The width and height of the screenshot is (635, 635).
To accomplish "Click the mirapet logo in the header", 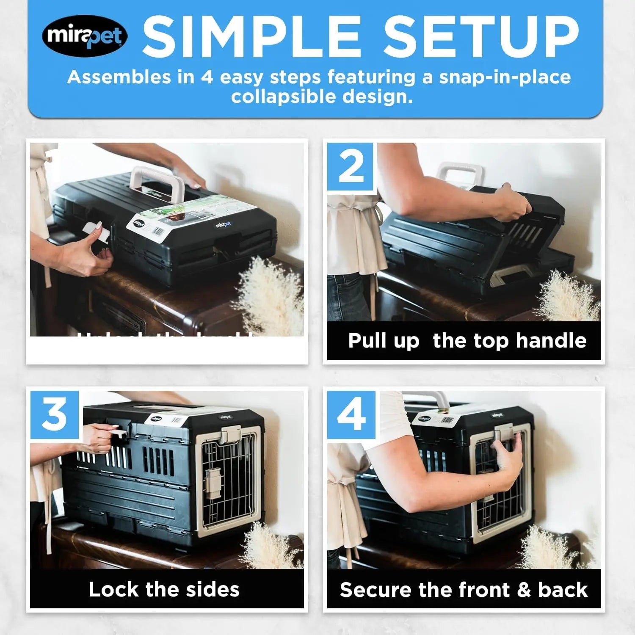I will click(85, 36).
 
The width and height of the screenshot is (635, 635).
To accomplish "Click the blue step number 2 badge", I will click(351, 167).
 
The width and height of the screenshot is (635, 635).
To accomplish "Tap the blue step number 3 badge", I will click(55, 414).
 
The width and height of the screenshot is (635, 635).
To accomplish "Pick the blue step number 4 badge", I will click(351, 414).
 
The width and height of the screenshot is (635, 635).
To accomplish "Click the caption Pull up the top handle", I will click(467, 341).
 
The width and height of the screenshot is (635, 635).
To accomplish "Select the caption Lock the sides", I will click(164, 589).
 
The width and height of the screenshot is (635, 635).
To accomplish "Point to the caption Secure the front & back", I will click(464, 590).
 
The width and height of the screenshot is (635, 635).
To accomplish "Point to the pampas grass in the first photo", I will click(271, 292).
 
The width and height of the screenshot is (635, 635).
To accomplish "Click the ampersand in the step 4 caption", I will click(524, 590).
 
